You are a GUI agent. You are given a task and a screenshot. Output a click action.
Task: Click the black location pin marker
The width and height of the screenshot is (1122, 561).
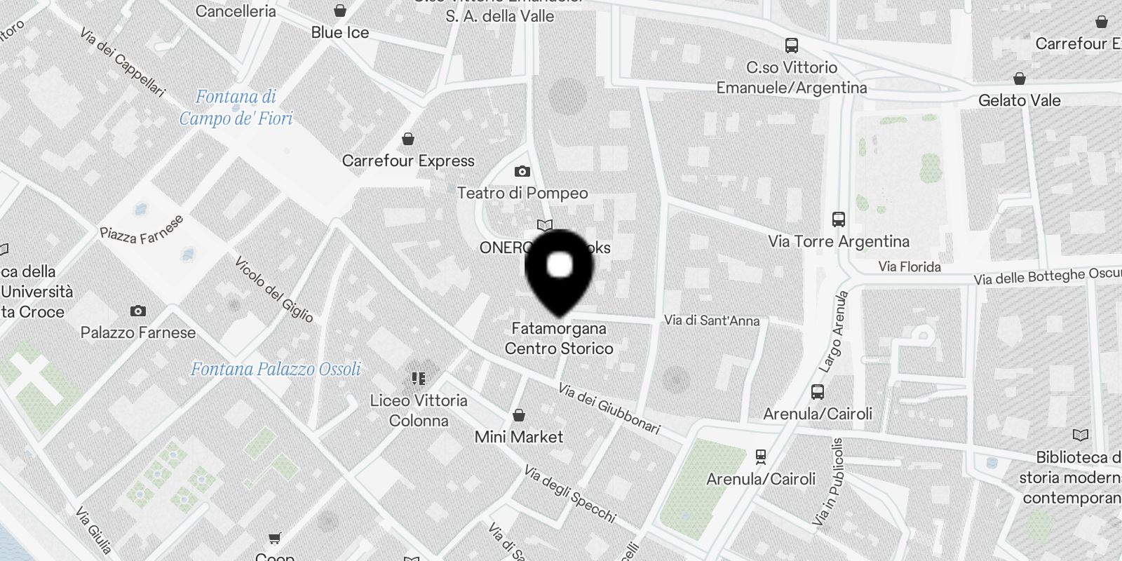pos(559,271)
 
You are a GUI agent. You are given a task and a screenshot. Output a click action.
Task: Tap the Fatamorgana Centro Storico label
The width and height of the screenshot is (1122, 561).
pos(559,338)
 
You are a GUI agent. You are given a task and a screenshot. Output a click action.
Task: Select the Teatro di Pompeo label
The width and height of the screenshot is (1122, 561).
pos(522,193)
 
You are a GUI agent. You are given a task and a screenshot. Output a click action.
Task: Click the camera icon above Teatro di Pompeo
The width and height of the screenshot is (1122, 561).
pos(522,171)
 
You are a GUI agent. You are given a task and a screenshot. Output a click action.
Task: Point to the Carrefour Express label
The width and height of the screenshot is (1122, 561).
pos(408,161)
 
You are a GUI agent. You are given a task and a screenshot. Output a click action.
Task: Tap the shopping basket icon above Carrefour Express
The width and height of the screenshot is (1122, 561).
pos(408,139)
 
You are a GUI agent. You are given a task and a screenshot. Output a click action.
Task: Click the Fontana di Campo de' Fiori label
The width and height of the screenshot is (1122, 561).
pos(236,107)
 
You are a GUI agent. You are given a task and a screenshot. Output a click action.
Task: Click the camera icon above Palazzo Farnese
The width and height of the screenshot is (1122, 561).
pos(138,311)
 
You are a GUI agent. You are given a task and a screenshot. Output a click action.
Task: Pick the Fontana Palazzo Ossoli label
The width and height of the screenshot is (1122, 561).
pos(276,369)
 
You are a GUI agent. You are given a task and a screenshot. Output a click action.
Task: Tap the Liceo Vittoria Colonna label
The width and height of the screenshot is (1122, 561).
pos(419,410)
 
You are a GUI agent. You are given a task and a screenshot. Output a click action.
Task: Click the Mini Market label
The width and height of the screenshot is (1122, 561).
pos(519,437)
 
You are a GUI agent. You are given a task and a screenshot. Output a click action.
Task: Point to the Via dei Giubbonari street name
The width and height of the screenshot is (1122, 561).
pos(609,408)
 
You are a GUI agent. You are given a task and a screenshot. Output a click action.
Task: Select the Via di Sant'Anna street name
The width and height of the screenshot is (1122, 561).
pos(712,320)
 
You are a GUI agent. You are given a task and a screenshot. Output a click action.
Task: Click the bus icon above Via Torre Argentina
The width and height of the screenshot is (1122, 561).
pos(838,219)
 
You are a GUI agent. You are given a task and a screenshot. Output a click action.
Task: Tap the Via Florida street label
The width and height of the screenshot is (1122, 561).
pos(910,266)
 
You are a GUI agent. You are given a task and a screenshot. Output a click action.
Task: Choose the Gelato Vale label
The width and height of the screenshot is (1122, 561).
pos(1020,100)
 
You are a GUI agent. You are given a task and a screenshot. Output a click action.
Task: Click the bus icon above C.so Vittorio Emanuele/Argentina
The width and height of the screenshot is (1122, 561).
pos(792,46)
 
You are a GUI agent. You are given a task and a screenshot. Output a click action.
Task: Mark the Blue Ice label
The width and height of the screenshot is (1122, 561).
pos(340,32)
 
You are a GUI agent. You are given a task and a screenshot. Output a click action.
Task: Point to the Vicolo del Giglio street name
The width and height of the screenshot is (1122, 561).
pos(273,289)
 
